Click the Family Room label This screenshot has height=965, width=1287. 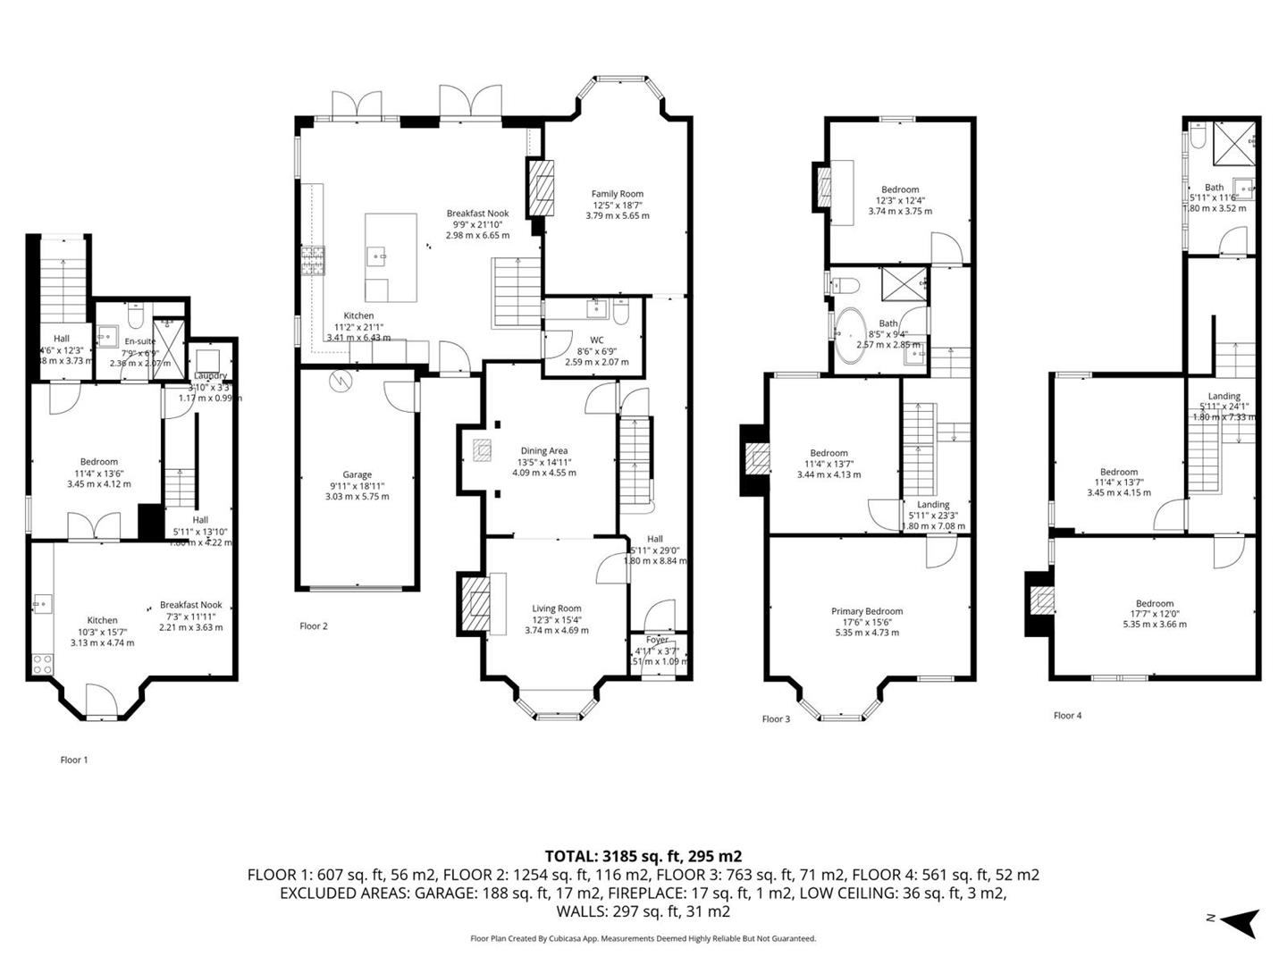tap(617, 194)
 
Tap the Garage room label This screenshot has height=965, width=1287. tap(357, 475)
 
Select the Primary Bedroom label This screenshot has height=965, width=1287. tap(866, 612)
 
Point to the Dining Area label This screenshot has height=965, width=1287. tap(544, 451)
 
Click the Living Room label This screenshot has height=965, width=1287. tap(557, 609)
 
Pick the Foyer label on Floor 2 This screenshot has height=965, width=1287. tap(657, 640)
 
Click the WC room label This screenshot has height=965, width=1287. tap(596, 340)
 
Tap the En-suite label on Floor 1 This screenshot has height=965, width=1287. tap(139, 341)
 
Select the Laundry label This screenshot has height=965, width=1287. tap(210, 376)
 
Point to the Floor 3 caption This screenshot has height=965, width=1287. tap(776, 719)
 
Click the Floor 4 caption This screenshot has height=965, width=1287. tap(1067, 716)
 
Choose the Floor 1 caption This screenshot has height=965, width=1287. tap(74, 760)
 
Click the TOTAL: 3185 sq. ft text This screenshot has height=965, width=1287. tap(643, 856)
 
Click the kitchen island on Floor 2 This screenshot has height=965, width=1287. tap(391, 257)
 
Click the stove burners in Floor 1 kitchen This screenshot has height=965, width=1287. tap(41, 664)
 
